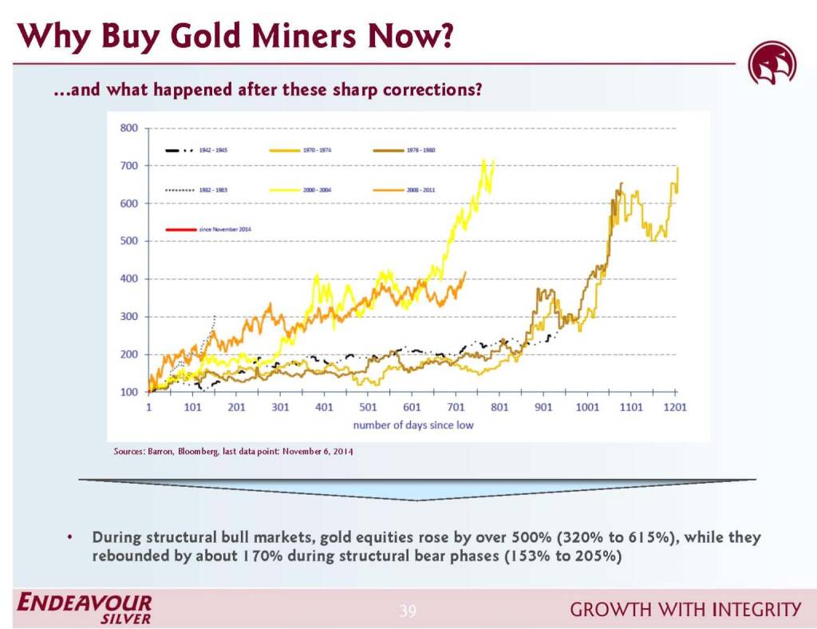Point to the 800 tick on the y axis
[x=128, y=128]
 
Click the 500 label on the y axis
[x=128, y=241]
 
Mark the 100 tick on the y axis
[x=128, y=392]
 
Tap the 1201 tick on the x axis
[x=675, y=407]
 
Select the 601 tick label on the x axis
[x=412, y=407]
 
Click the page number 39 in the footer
[x=408, y=612]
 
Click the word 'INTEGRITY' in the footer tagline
[x=757, y=611]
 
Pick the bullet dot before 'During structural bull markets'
[x=71, y=537]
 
